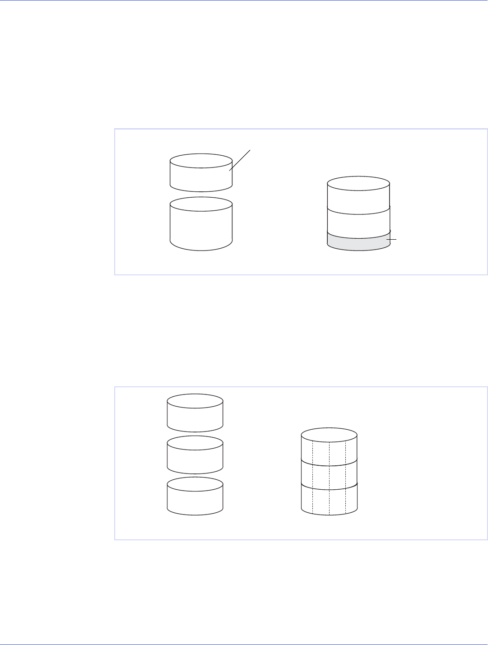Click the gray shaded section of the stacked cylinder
(x=358, y=241)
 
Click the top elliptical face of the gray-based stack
(x=358, y=183)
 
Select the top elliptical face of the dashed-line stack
(x=329, y=435)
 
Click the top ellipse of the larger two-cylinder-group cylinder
(x=201, y=204)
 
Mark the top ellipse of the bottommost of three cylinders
(x=195, y=483)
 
